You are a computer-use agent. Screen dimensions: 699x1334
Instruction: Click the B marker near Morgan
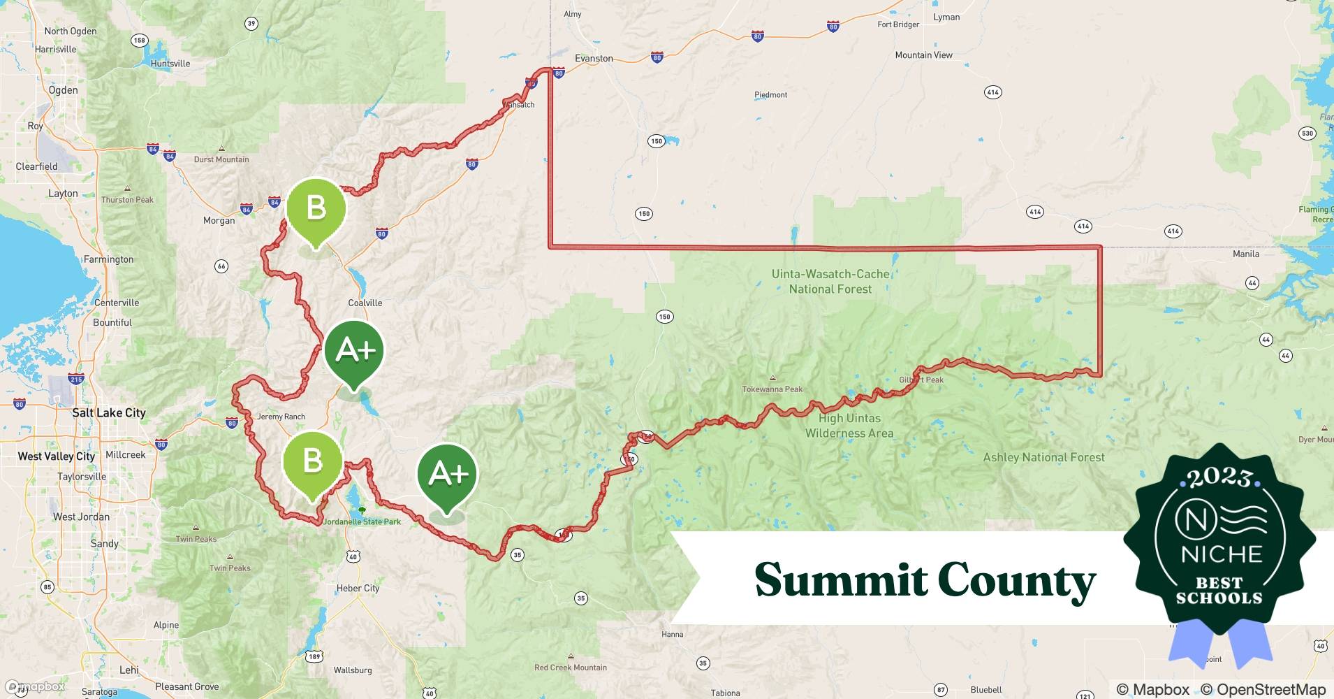tap(316, 209)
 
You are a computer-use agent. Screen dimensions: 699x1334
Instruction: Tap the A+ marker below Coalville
tap(354, 350)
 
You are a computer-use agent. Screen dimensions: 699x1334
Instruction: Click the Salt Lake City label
tap(109, 412)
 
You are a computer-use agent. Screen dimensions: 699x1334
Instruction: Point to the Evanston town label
tap(594, 59)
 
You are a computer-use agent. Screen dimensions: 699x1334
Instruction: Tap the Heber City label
tap(358, 588)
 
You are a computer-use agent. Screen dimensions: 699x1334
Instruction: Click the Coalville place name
tap(365, 303)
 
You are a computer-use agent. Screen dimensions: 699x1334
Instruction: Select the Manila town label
tap(1246, 254)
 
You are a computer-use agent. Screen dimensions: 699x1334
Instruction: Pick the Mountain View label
tap(923, 55)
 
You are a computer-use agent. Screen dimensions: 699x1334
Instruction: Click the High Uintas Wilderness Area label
tap(849, 426)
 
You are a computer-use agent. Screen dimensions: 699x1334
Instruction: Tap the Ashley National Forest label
tap(1043, 458)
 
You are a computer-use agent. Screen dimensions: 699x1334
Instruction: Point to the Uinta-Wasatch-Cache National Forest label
tap(830, 282)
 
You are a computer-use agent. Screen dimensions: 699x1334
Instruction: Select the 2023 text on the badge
tap(1219, 477)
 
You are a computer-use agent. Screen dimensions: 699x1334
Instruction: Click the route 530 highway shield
tap(1307, 133)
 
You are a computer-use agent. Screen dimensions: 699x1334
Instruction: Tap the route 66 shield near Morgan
tap(221, 266)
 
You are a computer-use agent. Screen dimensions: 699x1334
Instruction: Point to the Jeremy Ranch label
tap(281, 417)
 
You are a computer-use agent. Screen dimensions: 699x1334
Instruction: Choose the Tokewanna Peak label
tap(772, 389)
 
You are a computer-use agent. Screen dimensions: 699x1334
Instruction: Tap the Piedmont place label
tap(770, 95)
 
